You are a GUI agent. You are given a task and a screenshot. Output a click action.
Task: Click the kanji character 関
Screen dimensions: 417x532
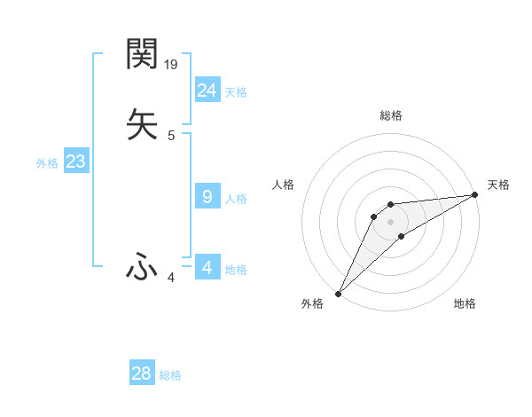pyautogui.click(x=142, y=54)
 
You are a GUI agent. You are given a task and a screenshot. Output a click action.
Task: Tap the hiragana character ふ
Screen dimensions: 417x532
pyautogui.click(x=142, y=266)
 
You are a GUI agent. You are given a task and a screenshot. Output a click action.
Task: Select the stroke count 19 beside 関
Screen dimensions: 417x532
pyautogui.click(x=172, y=65)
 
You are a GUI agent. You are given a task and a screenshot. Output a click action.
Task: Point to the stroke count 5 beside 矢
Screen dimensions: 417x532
pyautogui.click(x=171, y=136)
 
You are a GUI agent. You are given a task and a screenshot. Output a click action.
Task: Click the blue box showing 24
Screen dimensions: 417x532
pyautogui.click(x=207, y=90)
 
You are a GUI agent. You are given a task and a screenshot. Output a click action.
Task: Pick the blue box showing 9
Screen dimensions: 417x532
pyautogui.click(x=207, y=197)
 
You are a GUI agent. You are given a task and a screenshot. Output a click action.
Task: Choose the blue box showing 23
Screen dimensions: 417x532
pyautogui.click(x=75, y=161)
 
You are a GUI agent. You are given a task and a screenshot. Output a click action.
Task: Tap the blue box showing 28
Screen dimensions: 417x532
pyautogui.click(x=142, y=374)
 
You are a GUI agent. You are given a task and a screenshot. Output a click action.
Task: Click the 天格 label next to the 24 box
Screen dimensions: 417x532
pyautogui.click(x=236, y=92)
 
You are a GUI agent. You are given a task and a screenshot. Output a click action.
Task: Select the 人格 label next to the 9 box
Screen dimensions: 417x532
pyautogui.click(x=236, y=199)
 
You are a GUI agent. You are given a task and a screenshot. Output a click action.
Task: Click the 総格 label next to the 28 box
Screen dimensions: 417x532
pyautogui.click(x=170, y=375)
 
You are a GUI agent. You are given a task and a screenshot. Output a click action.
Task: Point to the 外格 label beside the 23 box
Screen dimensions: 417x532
pyautogui.click(x=47, y=163)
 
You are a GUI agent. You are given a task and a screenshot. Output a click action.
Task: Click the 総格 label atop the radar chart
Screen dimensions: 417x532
pyautogui.click(x=391, y=115)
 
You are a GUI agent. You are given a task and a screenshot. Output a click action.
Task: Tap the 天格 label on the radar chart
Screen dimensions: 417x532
pyautogui.click(x=498, y=185)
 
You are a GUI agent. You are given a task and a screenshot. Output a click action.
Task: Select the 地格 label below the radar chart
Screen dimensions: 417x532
pyautogui.click(x=465, y=303)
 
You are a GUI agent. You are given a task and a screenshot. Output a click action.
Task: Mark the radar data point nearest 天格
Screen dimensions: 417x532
pyautogui.click(x=475, y=195)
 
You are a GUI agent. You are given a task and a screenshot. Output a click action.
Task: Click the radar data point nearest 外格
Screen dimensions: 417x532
pyautogui.click(x=338, y=293)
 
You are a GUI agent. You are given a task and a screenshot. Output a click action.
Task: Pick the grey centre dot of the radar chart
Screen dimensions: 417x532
pyautogui.click(x=391, y=221)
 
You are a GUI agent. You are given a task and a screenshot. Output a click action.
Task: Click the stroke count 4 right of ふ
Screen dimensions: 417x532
pyautogui.click(x=171, y=278)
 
